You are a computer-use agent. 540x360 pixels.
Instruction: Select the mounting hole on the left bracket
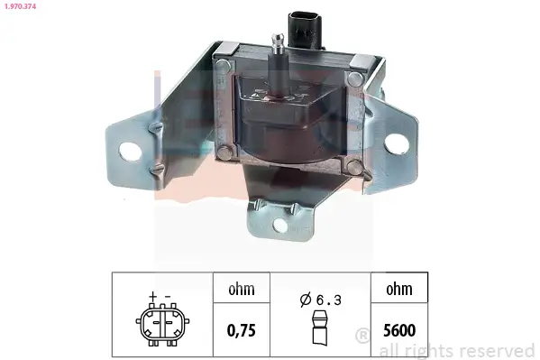pyautogui.click(x=131, y=150)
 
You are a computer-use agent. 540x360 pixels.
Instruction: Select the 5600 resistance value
pyautogui.click(x=398, y=330)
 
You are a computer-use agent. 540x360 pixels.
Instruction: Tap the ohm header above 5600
pyautogui.click(x=398, y=290)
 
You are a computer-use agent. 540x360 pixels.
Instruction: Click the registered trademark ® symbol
pyautogui.click(x=362, y=337)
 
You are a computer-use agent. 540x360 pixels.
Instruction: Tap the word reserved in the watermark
pyautogui.click(x=498, y=350)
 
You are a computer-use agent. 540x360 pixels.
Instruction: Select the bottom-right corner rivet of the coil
pyautogui.click(x=357, y=165)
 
